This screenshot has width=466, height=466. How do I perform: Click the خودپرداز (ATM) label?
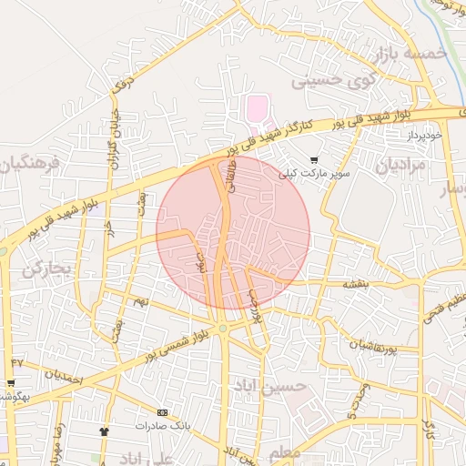[423, 135]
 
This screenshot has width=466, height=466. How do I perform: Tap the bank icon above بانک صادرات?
[163, 412]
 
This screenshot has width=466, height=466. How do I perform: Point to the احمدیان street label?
[64, 374]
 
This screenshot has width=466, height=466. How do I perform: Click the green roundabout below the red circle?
[222, 329]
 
